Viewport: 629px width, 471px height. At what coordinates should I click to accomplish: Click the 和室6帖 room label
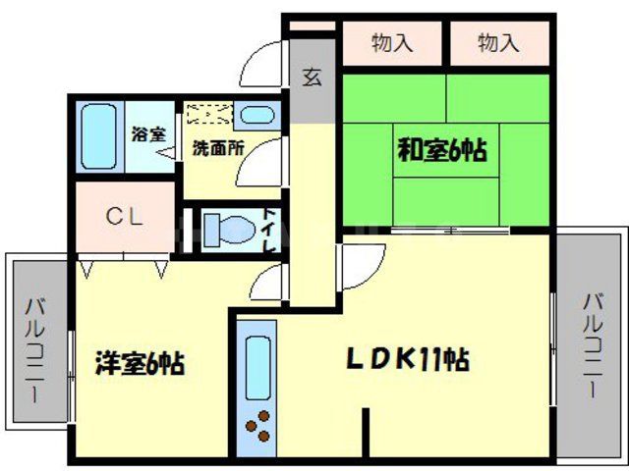click(x=442, y=151)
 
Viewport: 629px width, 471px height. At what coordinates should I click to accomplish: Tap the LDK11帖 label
click(x=406, y=359)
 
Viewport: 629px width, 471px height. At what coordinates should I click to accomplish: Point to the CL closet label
click(x=125, y=217)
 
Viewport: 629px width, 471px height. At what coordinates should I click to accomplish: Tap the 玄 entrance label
click(x=313, y=78)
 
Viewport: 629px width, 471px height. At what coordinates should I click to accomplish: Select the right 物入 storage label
click(x=498, y=43)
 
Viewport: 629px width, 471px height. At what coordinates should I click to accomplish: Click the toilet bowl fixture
click(x=225, y=232)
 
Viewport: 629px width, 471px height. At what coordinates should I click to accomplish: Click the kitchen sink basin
click(x=257, y=365)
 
